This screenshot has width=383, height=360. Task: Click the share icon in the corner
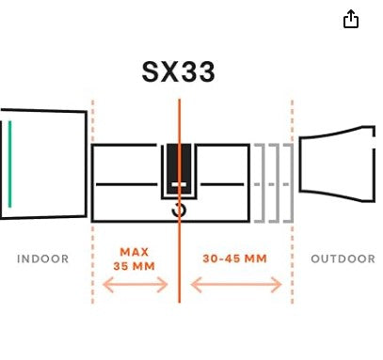click(x=351, y=19)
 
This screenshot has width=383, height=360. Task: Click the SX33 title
click(x=179, y=71)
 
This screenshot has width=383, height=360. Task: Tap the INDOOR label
click(x=43, y=258)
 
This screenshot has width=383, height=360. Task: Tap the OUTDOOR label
click(x=343, y=258)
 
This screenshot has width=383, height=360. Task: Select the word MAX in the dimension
click(x=135, y=252)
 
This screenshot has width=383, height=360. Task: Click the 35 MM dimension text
click(x=135, y=266)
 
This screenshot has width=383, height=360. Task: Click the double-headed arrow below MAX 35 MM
click(x=135, y=285)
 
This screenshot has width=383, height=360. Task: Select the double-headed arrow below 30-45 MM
click(x=235, y=285)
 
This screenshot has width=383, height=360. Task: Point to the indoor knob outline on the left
click(x=47, y=164)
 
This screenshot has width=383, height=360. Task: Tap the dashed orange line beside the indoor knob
click(x=92, y=235)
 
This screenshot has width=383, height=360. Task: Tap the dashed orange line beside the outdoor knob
click(x=292, y=235)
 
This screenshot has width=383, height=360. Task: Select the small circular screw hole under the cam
click(x=178, y=212)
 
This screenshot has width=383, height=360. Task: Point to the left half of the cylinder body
click(x=127, y=182)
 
